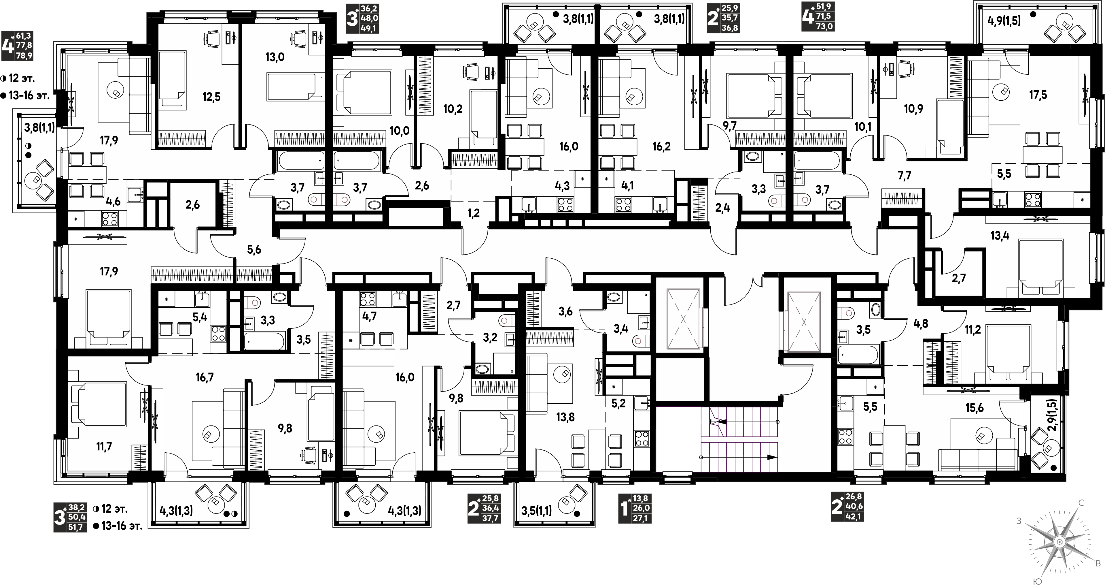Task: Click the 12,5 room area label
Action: (211, 97)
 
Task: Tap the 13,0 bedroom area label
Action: (275, 57)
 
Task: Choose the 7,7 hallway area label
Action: (904, 175)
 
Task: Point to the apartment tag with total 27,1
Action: (634, 508)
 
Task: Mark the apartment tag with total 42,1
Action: (847, 507)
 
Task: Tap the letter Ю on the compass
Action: (1035, 581)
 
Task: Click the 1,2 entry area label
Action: (474, 213)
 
